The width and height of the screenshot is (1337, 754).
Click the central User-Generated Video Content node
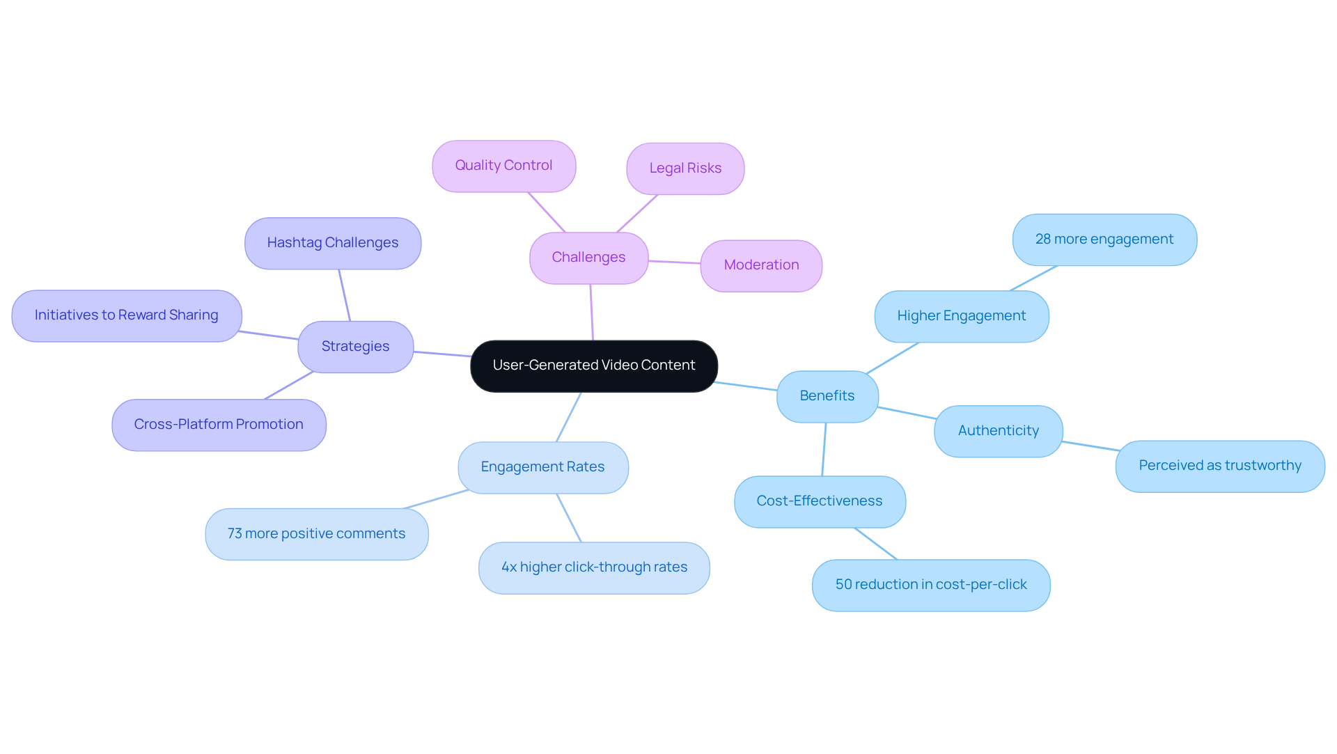click(x=594, y=366)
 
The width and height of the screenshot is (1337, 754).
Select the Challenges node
click(x=588, y=258)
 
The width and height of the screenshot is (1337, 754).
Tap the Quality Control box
click(x=503, y=166)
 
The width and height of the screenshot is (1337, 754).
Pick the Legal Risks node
click(x=685, y=168)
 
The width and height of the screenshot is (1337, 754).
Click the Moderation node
click(x=761, y=265)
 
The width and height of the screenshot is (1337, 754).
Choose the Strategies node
click(x=355, y=347)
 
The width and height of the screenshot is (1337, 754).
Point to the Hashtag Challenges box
click(x=333, y=243)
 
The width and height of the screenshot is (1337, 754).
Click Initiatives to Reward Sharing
click(x=126, y=315)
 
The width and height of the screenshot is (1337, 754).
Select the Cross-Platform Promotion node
click(x=219, y=425)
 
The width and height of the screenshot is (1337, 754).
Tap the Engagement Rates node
click(x=542, y=467)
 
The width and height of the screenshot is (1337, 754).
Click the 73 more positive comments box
click(x=316, y=534)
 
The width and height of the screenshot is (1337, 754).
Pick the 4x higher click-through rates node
click(x=594, y=567)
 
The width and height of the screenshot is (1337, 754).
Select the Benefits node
click(x=827, y=396)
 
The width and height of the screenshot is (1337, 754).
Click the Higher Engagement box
click(x=961, y=316)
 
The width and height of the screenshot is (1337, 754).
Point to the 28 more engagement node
click(x=1104, y=239)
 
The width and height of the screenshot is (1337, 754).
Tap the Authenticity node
click(x=998, y=431)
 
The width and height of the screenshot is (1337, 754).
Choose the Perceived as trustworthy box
click(x=1219, y=466)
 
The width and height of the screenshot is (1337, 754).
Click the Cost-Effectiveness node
click(x=820, y=501)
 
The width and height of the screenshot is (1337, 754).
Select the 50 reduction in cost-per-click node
click(x=931, y=585)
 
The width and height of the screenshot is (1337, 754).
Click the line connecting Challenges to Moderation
click(x=674, y=262)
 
